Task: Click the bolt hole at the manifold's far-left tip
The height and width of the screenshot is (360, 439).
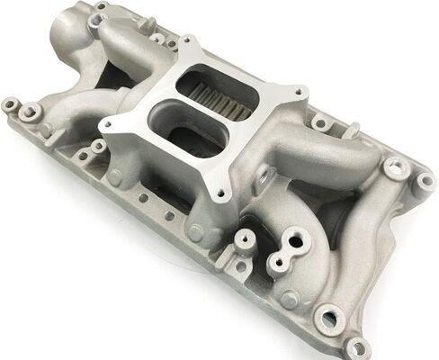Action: [x=12, y=105]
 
